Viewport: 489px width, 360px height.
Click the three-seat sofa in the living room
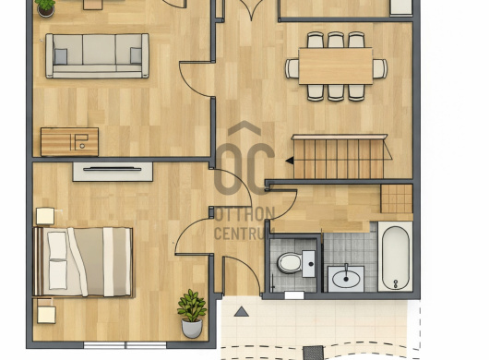(x=97, y=55)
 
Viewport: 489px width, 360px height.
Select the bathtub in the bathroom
(x=395, y=257)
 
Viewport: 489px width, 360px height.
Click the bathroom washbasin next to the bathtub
(x=346, y=278)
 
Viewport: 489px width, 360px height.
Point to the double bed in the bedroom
(x=83, y=262)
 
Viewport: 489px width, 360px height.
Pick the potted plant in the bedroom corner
(x=192, y=314)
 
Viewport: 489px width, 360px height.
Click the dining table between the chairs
(x=336, y=66)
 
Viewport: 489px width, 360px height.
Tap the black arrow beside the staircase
(x=290, y=161)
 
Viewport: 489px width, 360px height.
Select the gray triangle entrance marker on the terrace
(x=241, y=312)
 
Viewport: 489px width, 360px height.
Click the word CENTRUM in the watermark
(x=244, y=233)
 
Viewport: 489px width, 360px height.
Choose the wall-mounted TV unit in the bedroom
(x=113, y=172)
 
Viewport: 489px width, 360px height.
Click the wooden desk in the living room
(x=69, y=141)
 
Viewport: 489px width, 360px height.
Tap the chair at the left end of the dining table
(x=292, y=68)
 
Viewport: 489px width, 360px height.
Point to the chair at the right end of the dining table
(x=380, y=68)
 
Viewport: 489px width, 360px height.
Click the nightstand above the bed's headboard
(x=45, y=216)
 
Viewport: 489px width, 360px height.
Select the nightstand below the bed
(x=46, y=314)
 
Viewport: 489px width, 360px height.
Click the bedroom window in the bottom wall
(x=125, y=345)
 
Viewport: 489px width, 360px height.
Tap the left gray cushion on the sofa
(x=61, y=56)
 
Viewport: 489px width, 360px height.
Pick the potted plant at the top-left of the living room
(x=46, y=7)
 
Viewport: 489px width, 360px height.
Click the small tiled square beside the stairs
(x=397, y=198)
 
